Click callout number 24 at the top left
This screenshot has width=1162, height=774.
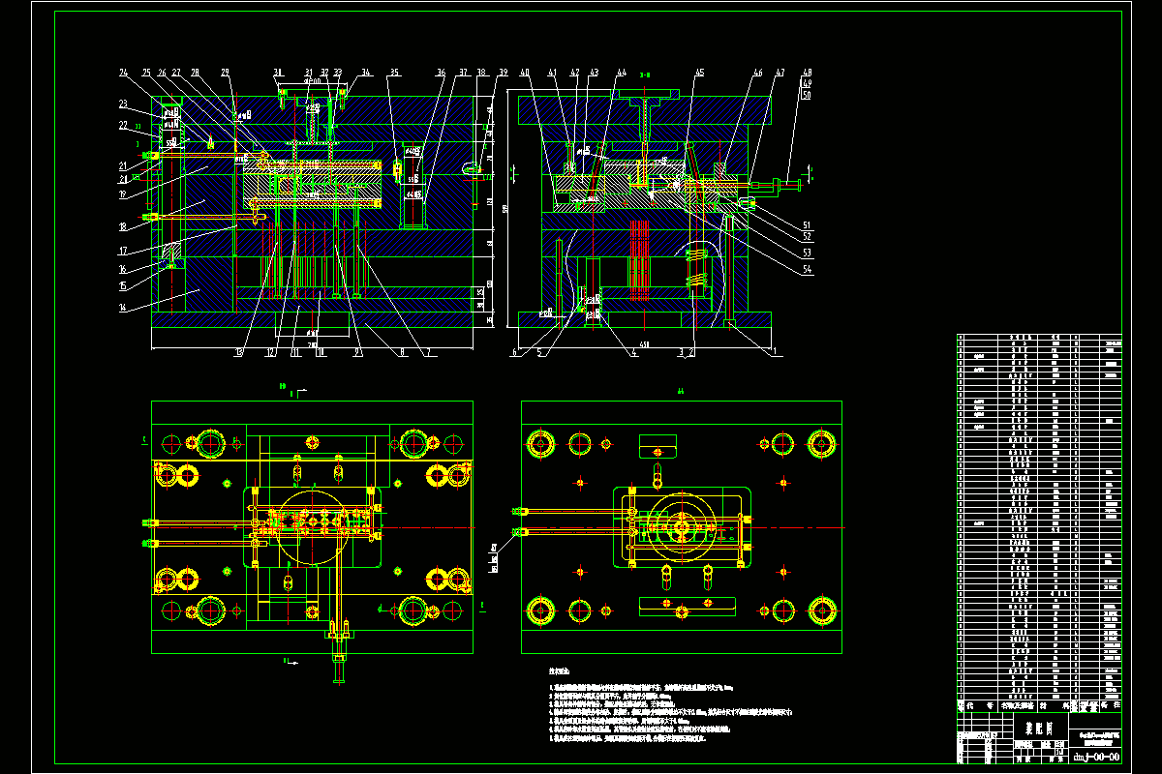(124, 73)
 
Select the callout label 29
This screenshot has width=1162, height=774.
(225, 73)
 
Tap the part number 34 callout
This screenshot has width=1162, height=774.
(366, 73)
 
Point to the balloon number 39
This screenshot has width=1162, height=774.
(504, 73)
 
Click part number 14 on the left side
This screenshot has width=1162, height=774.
(122, 307)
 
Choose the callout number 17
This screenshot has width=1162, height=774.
(122, 251)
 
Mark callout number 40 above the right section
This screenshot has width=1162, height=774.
(524, 73)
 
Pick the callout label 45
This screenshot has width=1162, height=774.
(699, 73)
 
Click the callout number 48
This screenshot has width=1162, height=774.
(807, 73)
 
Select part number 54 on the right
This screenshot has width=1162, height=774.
(807, 270)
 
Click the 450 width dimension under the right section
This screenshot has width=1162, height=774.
(643, 345)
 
